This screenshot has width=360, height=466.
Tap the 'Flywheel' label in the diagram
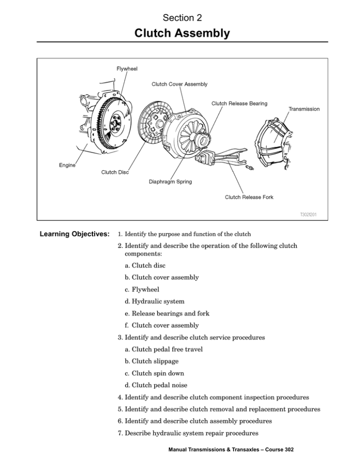[x=127, y=69]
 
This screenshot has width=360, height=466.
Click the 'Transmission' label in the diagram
[x=304, y=109]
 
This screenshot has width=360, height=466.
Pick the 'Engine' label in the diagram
[x=68, y=165]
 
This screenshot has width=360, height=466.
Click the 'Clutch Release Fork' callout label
[x=249, y=197]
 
